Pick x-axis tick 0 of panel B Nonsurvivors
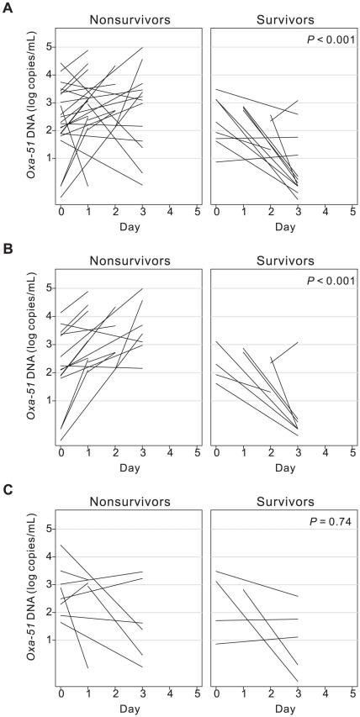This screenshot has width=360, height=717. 61,454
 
